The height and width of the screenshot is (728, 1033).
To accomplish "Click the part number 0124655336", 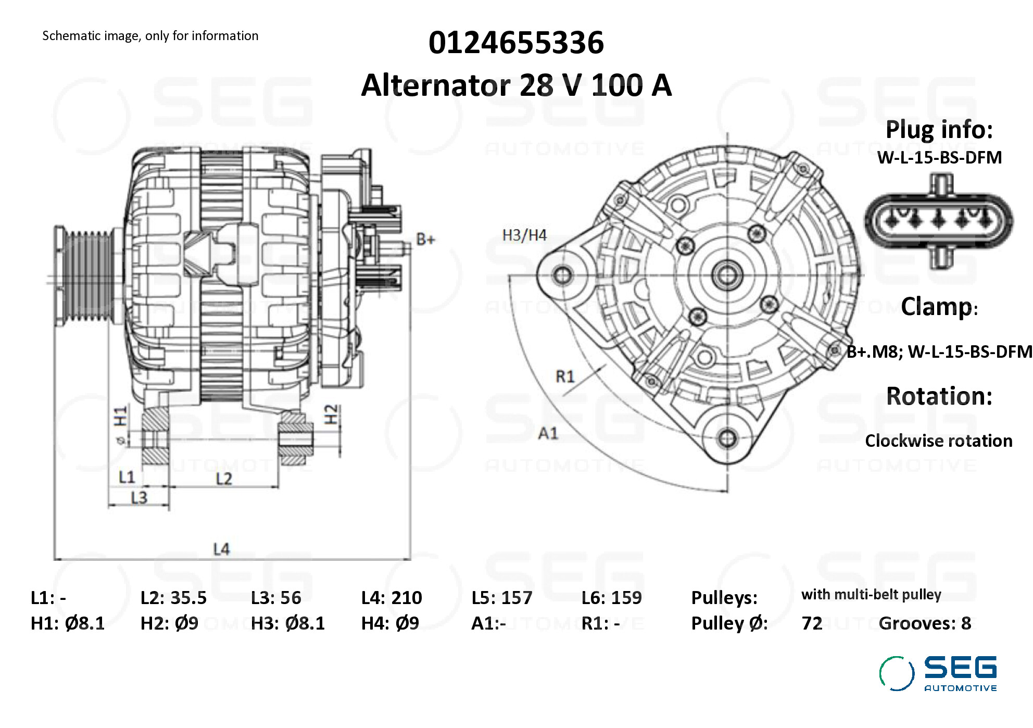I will pos(516,43).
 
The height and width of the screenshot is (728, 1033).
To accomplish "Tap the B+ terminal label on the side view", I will pos(425,240).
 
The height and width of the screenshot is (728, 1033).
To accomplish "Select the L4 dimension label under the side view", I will pos(221,549).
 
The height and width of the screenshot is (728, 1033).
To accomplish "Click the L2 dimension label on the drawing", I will pos(224,479).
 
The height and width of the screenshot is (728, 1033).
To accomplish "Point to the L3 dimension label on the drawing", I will pos(139,498).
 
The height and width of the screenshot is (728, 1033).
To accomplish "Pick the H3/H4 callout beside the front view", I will pos(524,235).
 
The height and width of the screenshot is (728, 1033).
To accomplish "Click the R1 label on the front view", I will pos(565,376).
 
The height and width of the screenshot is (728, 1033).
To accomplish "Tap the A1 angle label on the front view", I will pos(548,433).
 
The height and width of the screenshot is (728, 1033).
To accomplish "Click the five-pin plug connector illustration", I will pos(939,221).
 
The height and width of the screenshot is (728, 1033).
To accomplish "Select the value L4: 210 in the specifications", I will pos(392,598).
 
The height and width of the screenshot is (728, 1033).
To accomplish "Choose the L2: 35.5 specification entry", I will pos(173,598).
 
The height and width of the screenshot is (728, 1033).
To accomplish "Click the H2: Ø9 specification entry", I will pos(169,623).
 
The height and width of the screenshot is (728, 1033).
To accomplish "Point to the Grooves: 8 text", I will pos(925,623).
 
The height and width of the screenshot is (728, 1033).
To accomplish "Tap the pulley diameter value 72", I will pos(812,623).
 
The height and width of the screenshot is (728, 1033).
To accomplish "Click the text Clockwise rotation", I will pos(938,441).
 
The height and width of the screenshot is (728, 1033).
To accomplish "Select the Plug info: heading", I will pos(939,130).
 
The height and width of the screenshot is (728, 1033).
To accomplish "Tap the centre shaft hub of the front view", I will pos(727,275).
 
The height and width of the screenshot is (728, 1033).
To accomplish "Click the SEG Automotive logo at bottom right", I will pos(938,673).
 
